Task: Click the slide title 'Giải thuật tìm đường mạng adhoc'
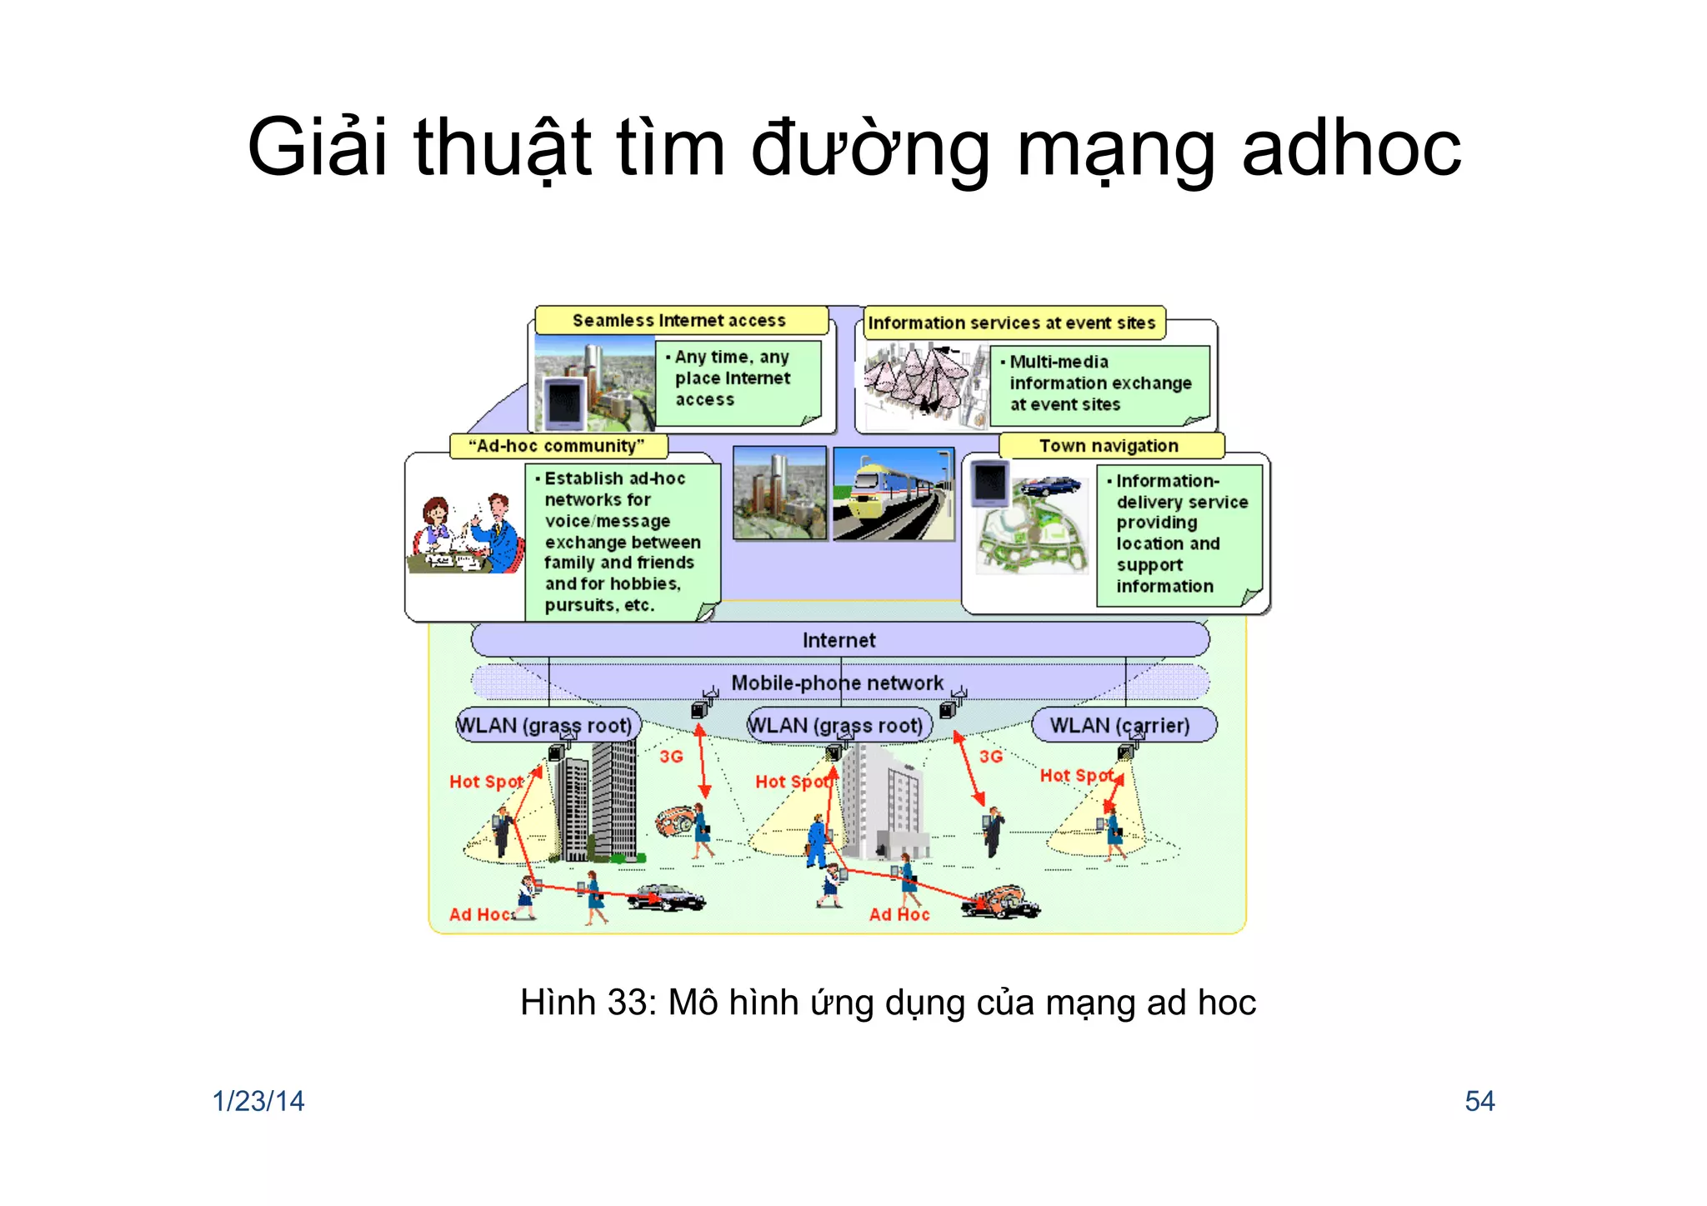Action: (x=853, y=148)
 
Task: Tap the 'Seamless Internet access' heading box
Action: (x=680, y=321)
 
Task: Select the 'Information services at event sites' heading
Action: (x=1013, y=323)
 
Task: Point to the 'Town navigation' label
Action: (x=1109, y=446)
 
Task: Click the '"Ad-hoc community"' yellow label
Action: (x=558, y=446)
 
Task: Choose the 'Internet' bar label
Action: (x=839, y=640)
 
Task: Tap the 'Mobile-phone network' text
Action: (x=837, y=683)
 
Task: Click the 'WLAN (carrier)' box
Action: (x=1121, y=725)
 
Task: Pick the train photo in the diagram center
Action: (x=894, y=494)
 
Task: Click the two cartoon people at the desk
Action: (x=465, y=533)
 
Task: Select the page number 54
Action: (x=1479, y=1101)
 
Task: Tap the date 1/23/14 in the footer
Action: (x=258, y=1101)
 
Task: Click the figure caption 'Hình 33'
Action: (x=888, y=1002)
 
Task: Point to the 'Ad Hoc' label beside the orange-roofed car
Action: (x=899, y=914)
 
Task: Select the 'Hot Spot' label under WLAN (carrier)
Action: (x=1076, y=776)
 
